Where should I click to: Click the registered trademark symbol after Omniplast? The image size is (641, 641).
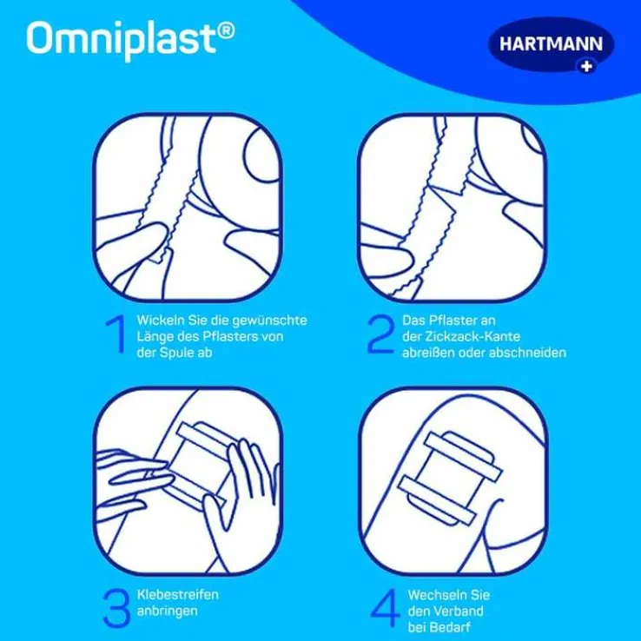coord(225,30)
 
